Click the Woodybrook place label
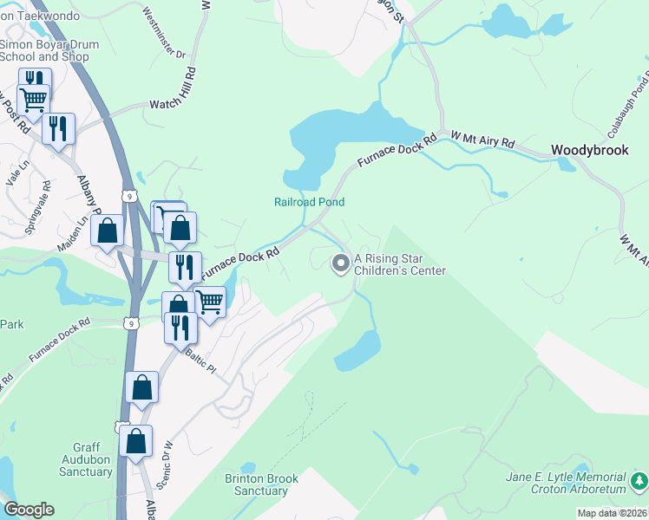coord(590,150)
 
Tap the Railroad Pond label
coord(310,202)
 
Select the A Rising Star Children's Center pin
coord(341,262)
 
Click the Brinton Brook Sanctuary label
coord(261,484)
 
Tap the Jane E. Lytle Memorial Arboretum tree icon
coord(639,479)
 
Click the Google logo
coord(29,510)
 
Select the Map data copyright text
coord(612,513)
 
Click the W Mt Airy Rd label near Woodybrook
coord(482,140)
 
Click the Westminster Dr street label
coord(164,33)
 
